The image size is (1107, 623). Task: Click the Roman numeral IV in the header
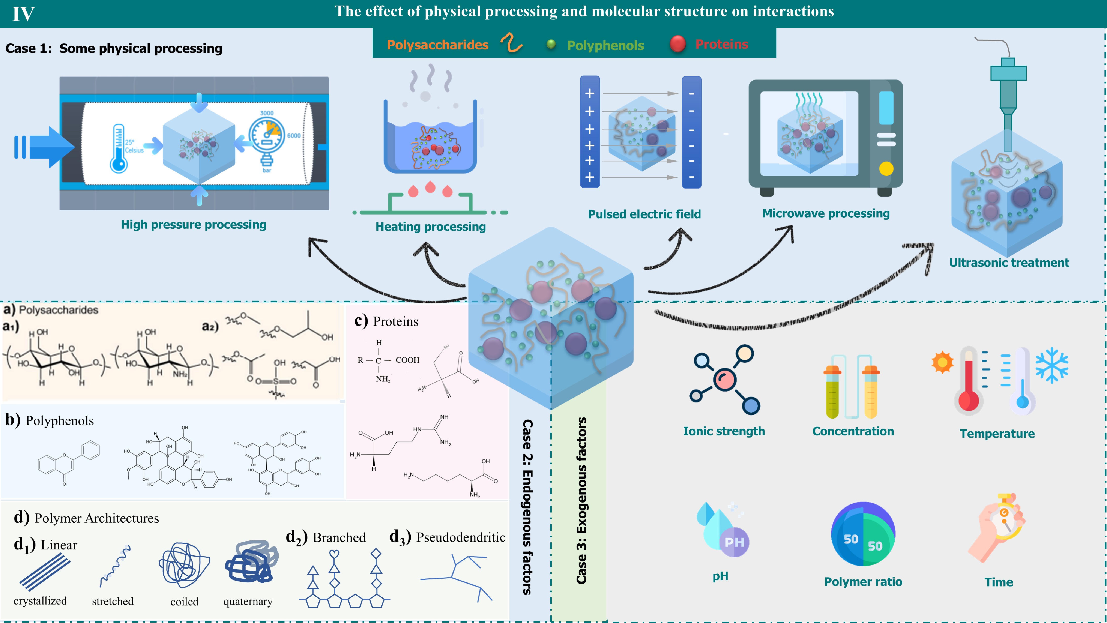tap(23, 14)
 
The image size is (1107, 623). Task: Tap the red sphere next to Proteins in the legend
tap(678, 44)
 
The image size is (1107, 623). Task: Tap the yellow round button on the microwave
tap(886, 169)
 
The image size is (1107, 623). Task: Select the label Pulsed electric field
tap(644, 214)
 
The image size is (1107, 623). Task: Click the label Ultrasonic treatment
tap(1009, 263)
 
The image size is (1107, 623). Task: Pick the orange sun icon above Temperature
tap(942, 362)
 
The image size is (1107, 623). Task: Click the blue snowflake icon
tap(1052, 364)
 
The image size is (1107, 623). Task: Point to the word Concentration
tap(853, 431)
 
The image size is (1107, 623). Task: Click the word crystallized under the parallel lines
tap(40, 601)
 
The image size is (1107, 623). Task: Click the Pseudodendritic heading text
tap(460, 537)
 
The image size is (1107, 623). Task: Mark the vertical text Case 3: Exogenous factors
tap(581, 501)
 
